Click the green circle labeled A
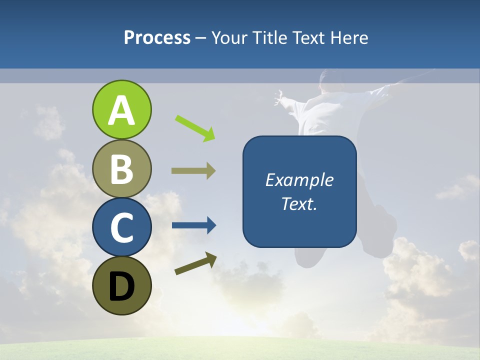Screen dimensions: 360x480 tap(121, 109)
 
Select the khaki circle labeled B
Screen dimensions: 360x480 tap(121, 168)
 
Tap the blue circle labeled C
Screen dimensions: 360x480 tap(121, 227)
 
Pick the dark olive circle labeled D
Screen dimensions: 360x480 tap(121, 285)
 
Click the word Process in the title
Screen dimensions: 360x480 tap(157, 37)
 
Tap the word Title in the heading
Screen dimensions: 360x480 tap(270, 37)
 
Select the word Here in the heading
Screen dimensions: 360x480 tap(351, 37)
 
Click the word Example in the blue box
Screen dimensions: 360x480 tap(299, 180)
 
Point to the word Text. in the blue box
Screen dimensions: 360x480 tap(299, 203)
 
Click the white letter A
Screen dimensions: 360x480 tap(121, 110)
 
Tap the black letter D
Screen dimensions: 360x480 tap(121, 286)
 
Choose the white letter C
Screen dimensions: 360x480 tap(121, 228)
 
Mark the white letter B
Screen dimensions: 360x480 tap(121, 169)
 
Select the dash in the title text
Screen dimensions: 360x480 tap(201, 38)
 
